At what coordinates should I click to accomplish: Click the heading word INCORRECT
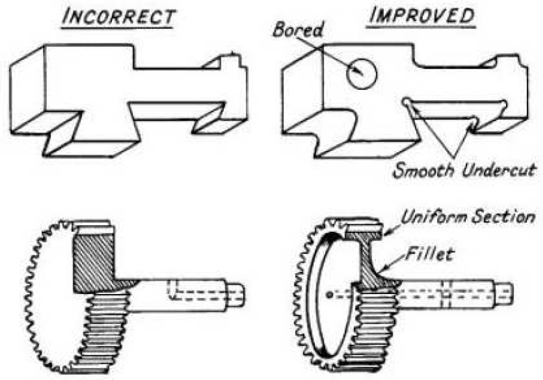pos(119,17)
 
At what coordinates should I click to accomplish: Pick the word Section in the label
pos(505,217)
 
